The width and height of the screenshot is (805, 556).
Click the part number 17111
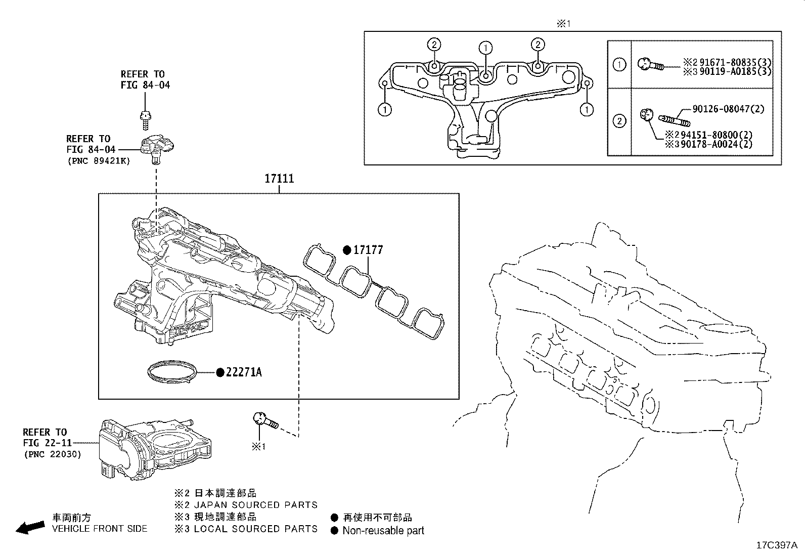[x=279, y=179]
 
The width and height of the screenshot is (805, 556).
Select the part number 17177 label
[x=368, y=250]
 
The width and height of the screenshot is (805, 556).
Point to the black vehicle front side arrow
[x=30, y=528]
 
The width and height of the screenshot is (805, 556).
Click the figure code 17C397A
[x=776, y=545]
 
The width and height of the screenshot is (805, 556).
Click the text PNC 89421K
[x=98, y=160]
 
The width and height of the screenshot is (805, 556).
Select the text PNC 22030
[x=52, y=454]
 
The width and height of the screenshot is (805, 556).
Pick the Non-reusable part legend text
[x=383, y=531]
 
